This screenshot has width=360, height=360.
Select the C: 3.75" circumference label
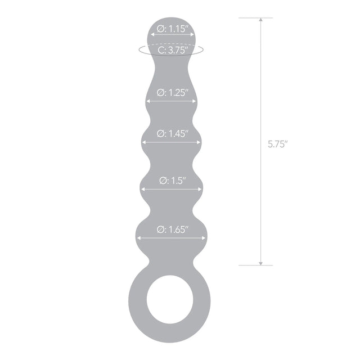click(x=172, y=50)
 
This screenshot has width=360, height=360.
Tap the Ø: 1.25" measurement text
click(x=172, y=93)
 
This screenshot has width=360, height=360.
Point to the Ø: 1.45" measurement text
click(x=172, y=133)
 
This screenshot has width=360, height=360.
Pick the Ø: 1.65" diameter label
click(x=172, y=229)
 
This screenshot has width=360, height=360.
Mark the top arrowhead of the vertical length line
click(x=260, y=21)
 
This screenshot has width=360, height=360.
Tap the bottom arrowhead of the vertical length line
click(x=260, y=262)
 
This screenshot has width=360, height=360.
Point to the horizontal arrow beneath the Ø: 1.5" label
click(x=172, y=189)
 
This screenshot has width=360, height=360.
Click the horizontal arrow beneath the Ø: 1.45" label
click(x=172, y=142)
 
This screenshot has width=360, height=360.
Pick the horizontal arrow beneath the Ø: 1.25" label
click(x=172, y=102)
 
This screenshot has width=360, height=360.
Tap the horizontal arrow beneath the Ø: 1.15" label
click(x=172, y=35)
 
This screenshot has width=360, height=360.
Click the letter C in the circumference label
click(x=161, y=50)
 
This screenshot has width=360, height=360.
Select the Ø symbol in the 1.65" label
click(x=159, y=229)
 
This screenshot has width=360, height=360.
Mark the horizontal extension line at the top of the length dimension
click(x=256, y=17)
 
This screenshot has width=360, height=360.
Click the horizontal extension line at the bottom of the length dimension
click(x=256, y=265)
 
